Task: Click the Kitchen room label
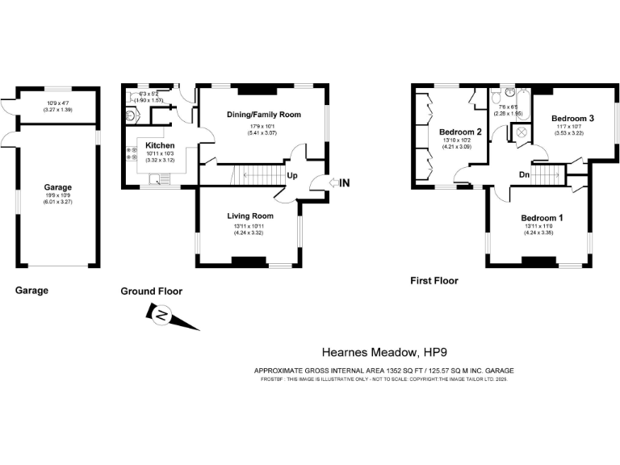(x=160, y=145)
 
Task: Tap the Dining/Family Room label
(x=264, y=115)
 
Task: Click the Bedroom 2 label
(x=461, y=132)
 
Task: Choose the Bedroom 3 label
(x=573, y=118)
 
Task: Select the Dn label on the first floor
(x=525, y=174)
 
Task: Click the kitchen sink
(x=163, y=180)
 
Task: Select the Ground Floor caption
(x=151, y=291)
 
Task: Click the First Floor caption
(x=434, y=281)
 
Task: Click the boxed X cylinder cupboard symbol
(x=522, y=132)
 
